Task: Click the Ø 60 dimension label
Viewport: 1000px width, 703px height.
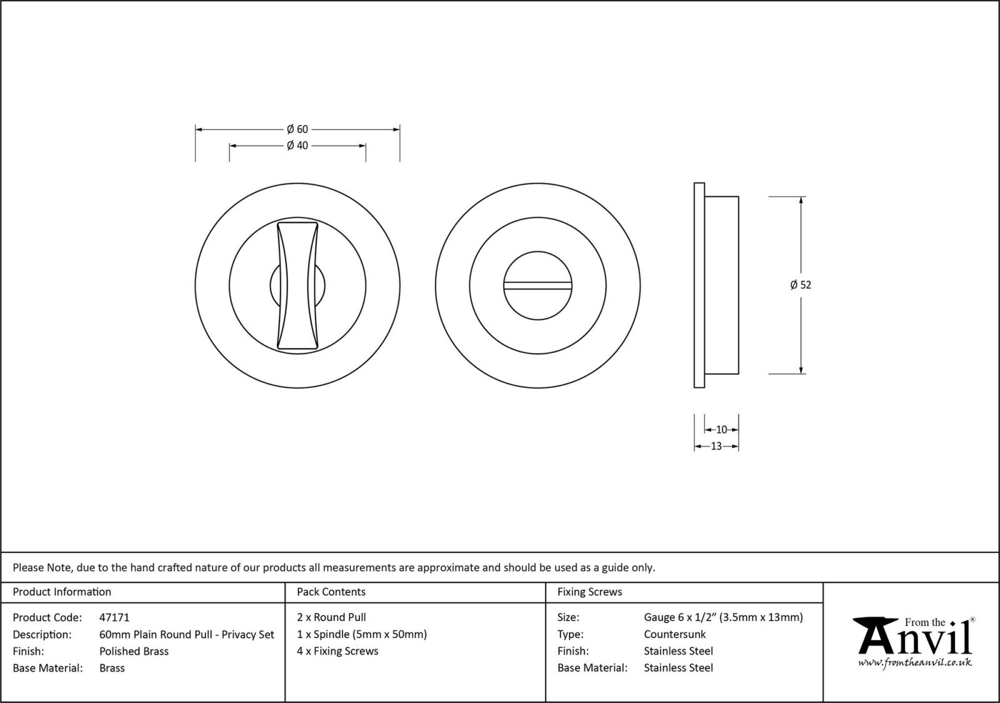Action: tap(297, 129)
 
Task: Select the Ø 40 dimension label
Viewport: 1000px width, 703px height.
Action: tap(297, 146)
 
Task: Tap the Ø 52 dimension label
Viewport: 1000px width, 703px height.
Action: tap(801, 285)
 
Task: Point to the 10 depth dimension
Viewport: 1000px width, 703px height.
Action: tap(721, 430)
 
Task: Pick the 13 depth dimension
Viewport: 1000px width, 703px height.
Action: tap(716, 446)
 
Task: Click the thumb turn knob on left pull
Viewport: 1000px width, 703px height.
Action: tap(297, 284)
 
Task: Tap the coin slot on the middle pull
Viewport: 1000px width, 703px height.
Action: tap(538, 286)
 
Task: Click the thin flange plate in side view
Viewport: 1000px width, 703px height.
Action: tap(699, 285)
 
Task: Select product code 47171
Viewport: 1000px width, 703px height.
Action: tap(114, 617)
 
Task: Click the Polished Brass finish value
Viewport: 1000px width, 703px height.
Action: tap(134, 651)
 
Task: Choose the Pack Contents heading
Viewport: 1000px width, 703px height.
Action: tap(331, 592)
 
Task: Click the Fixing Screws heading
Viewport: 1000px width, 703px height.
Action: tap(589, 592)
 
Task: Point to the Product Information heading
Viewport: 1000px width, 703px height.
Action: tap(62, 592)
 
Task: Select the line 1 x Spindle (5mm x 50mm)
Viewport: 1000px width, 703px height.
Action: tap(362, 634)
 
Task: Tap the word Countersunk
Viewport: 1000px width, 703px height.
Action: tap(674, 634)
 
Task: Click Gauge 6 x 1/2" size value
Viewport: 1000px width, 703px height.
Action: tap(723, 617)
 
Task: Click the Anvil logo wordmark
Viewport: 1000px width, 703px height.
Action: tap(916, 637)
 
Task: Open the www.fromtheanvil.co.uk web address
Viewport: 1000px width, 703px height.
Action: tap(914, 662)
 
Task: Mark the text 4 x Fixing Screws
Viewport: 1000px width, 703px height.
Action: tap(337, 651)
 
